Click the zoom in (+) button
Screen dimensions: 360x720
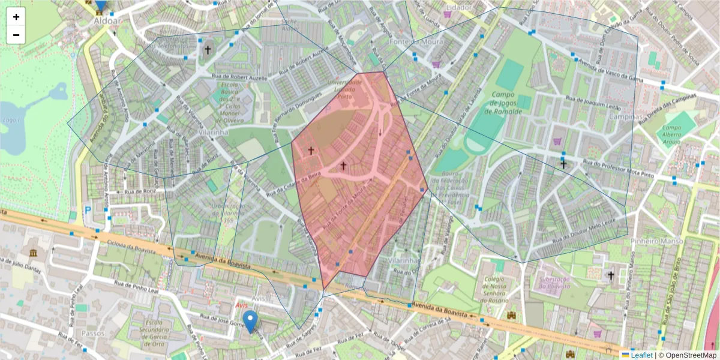[x=16, y=17]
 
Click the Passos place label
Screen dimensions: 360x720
[x=93, y=333]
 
